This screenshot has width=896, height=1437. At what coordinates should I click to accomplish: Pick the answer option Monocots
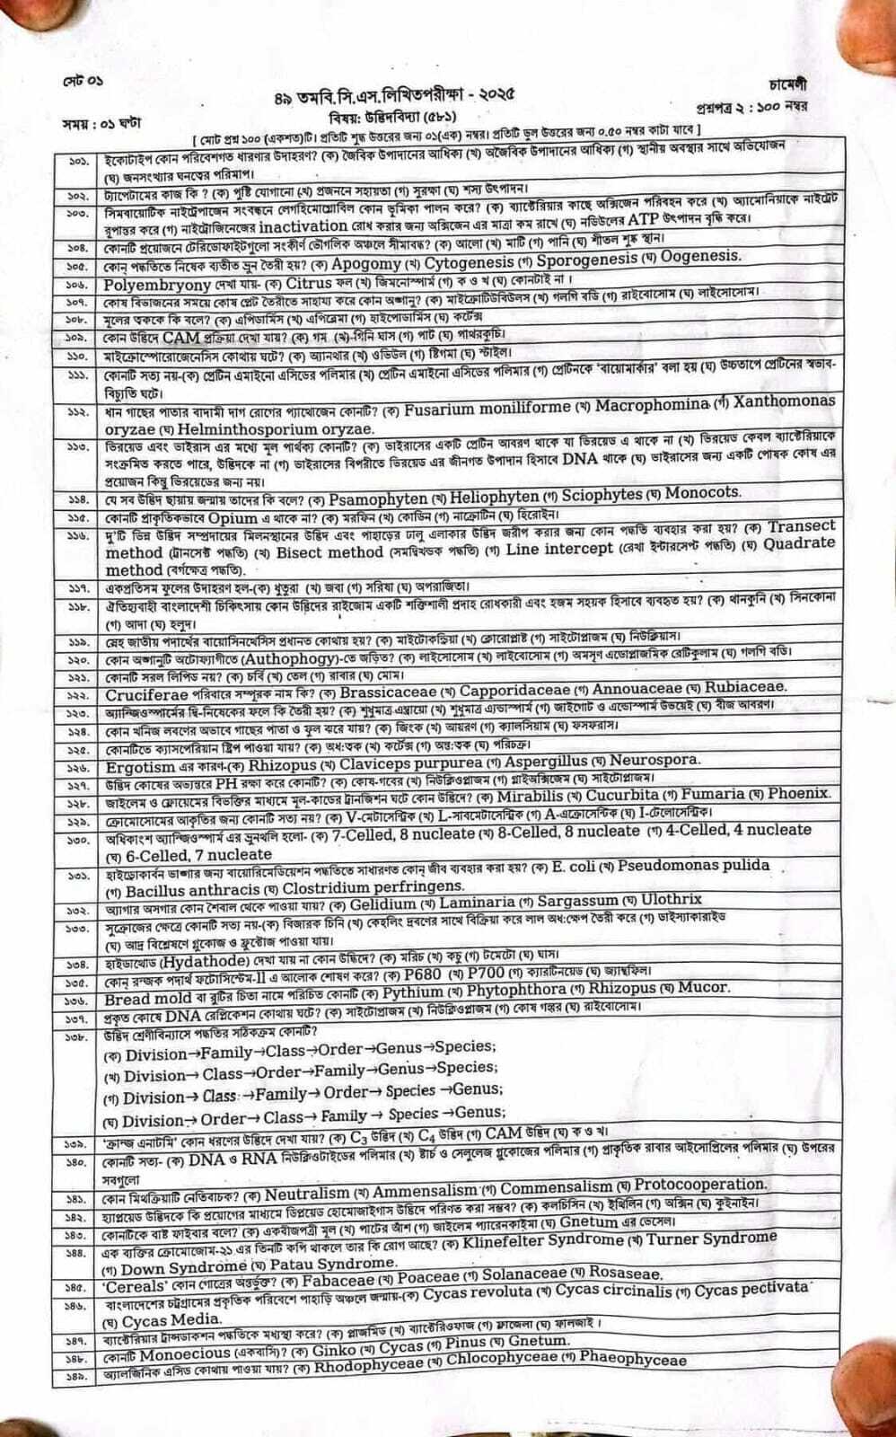point(703,493)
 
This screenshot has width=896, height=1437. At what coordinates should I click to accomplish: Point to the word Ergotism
point(140,767)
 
